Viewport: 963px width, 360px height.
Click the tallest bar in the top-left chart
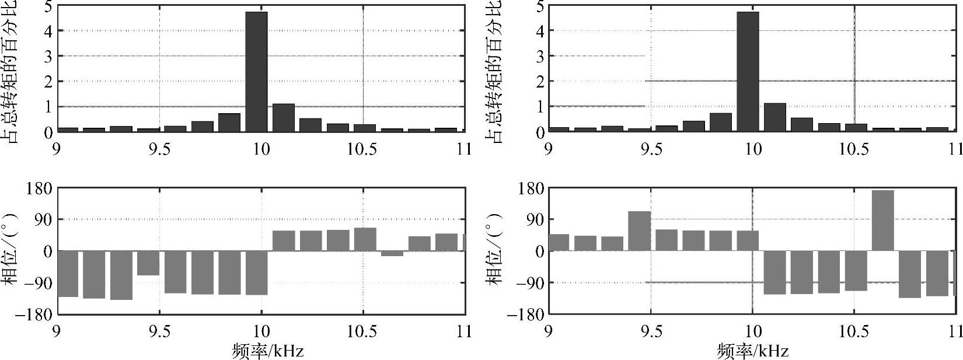[256, 71]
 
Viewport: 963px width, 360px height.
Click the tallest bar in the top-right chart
[748, 71]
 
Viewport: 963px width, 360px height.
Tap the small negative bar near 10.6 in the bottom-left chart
[392, 253]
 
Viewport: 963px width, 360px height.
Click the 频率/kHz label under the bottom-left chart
[268, 351]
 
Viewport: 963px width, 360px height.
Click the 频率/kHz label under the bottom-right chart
[753, 351]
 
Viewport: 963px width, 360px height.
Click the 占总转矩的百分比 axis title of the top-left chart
[10, 70]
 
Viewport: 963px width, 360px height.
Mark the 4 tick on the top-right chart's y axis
[540, 31]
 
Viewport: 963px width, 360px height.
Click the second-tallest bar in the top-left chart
[283, 117]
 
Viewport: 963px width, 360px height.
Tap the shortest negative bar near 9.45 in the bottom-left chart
[148, 263]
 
